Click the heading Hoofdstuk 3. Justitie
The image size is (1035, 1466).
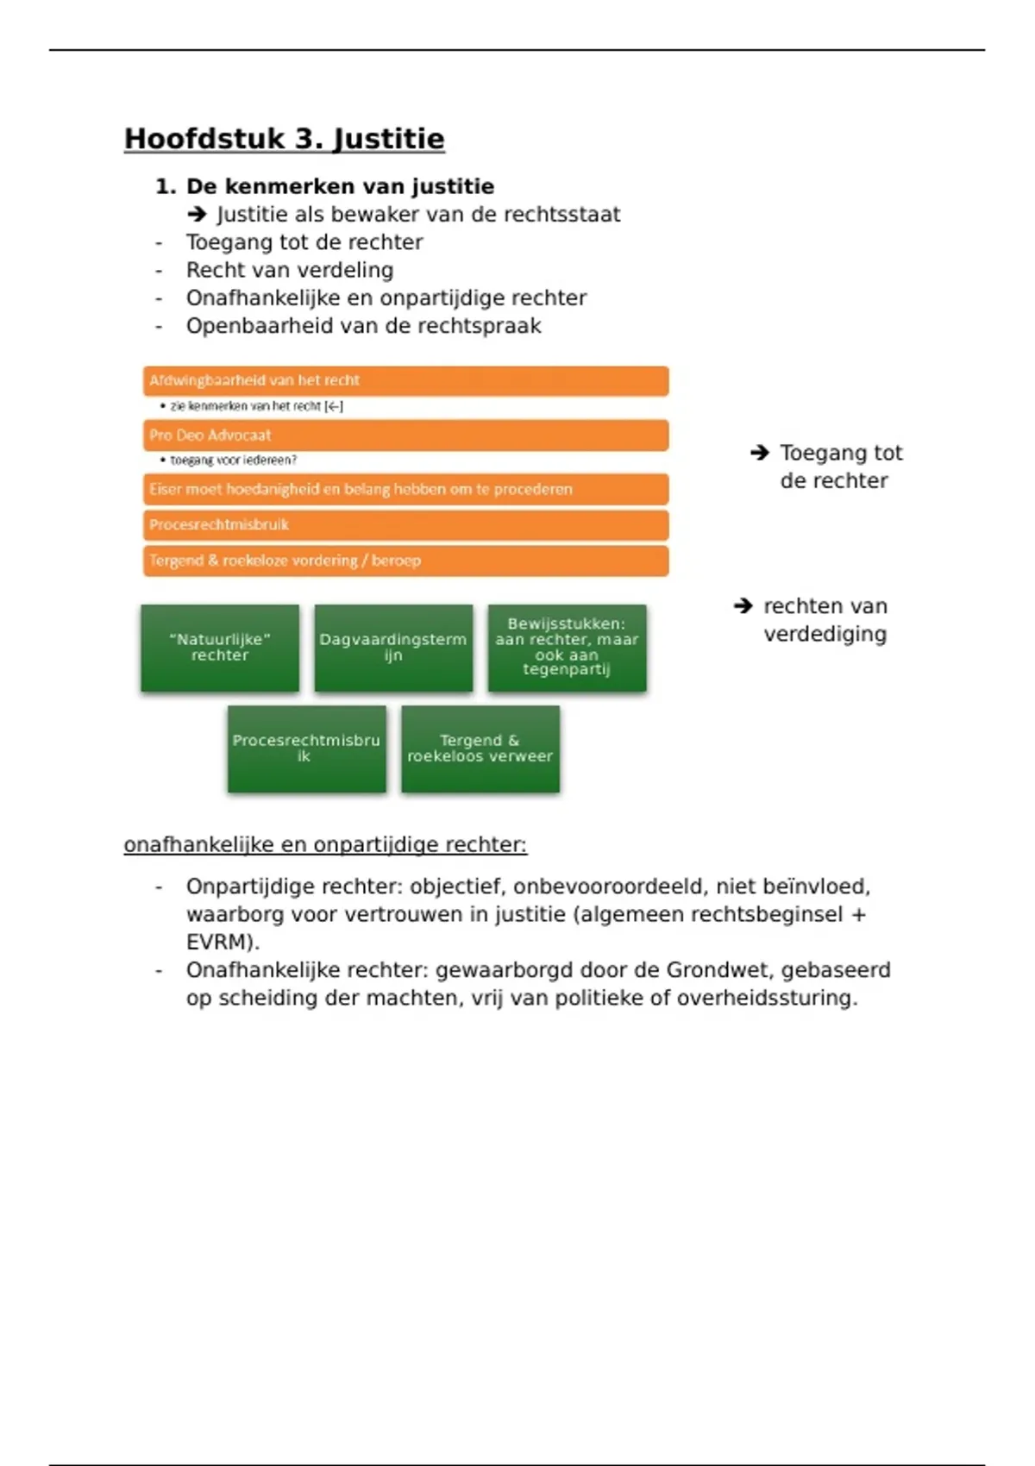[x=284, y=139]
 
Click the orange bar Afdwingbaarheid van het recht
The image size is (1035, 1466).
[x=405, y=380]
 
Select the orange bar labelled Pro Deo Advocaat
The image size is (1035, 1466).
[x=405, y=435]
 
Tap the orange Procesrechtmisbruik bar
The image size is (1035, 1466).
[x=405, y=524]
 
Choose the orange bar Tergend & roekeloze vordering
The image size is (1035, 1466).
[x=405, y=561]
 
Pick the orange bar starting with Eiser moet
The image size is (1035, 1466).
[x=405, y=489]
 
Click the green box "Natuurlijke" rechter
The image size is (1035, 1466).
[x=220, y=648]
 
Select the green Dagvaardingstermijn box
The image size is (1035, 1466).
[x=393, y=648]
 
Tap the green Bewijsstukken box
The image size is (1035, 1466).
[x=567, y=648]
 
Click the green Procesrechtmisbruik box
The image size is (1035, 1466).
[x=306, y=749]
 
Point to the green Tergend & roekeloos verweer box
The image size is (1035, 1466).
[x=480, y=749]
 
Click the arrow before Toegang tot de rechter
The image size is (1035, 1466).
[x=759, y=453]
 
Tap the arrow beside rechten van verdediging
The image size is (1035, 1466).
[x=743, y=606]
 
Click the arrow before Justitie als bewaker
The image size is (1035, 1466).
[x=197, y=215]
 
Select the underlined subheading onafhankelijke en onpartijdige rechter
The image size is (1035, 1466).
[x=325, y=844]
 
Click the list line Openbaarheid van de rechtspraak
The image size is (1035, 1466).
[x=363, y=326]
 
